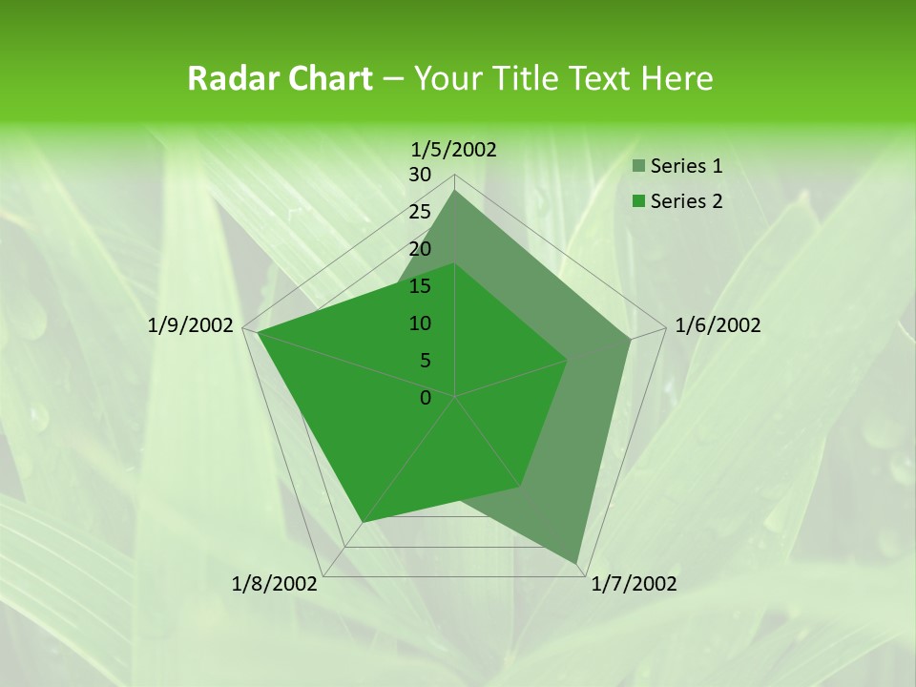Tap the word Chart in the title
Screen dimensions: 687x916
[x=327, y=79]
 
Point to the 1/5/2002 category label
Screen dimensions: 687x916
[x=454, y=149]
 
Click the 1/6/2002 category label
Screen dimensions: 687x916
[x=718, y=325]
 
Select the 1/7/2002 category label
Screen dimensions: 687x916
[x=634, y=584]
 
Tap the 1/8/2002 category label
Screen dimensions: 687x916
[x=275, y=584]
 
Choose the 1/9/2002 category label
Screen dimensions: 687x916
[x=191, y=325]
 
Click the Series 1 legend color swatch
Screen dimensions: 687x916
[x=637, y=167]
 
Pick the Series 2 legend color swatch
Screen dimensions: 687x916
[x=637, y=201]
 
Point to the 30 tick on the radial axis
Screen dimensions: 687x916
[x=420, y=175]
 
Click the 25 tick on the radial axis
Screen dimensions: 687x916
[x=420, y=212]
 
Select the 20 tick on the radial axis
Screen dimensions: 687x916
[x=420, y=249]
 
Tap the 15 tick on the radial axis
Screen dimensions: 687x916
[x=420, y=286]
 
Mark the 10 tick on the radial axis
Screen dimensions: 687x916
[x=420, y=323]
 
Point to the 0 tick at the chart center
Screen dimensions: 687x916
[x=426, y=398]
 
